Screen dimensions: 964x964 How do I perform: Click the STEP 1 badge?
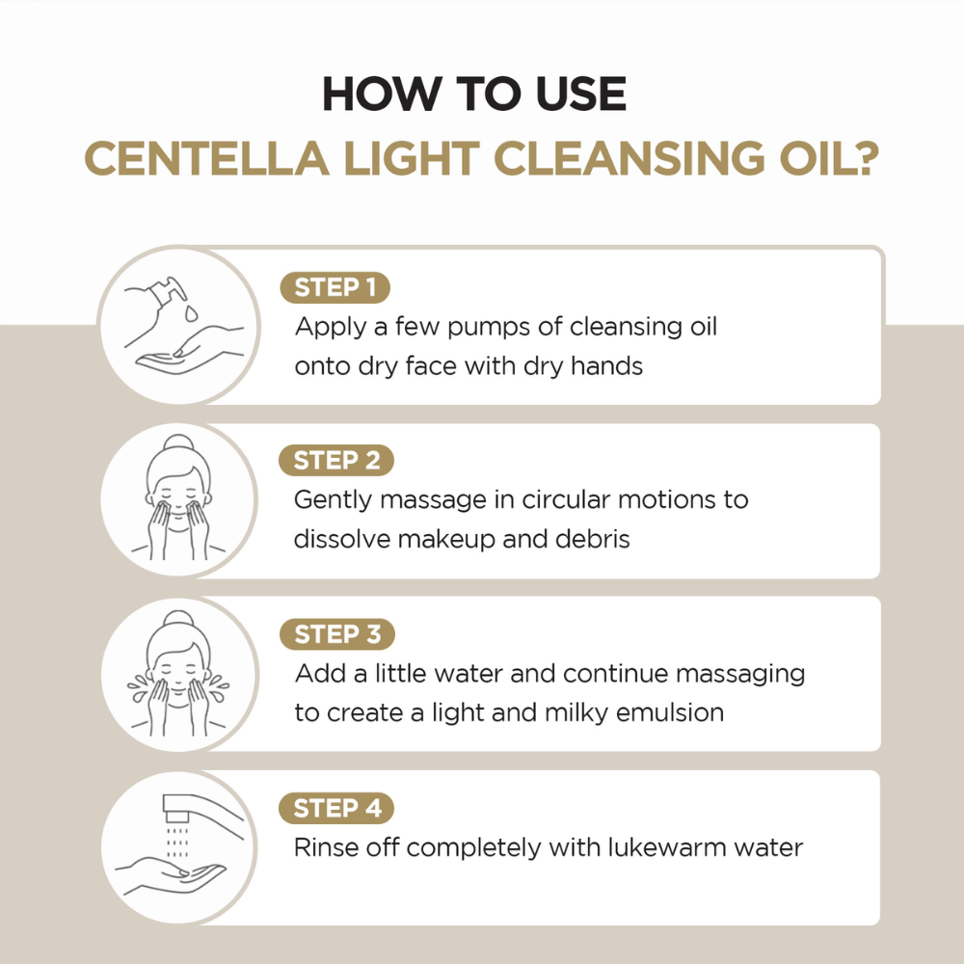coord(335,288)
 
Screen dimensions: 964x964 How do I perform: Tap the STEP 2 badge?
coord(336,461)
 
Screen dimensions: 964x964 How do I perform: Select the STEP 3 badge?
coord(336,634)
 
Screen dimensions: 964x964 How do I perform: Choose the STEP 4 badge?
coord(336,808)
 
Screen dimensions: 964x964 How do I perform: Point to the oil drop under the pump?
coord(191,313)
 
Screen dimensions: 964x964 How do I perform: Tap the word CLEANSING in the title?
coord(613,159)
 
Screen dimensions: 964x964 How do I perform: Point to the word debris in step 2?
coord(592,539)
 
